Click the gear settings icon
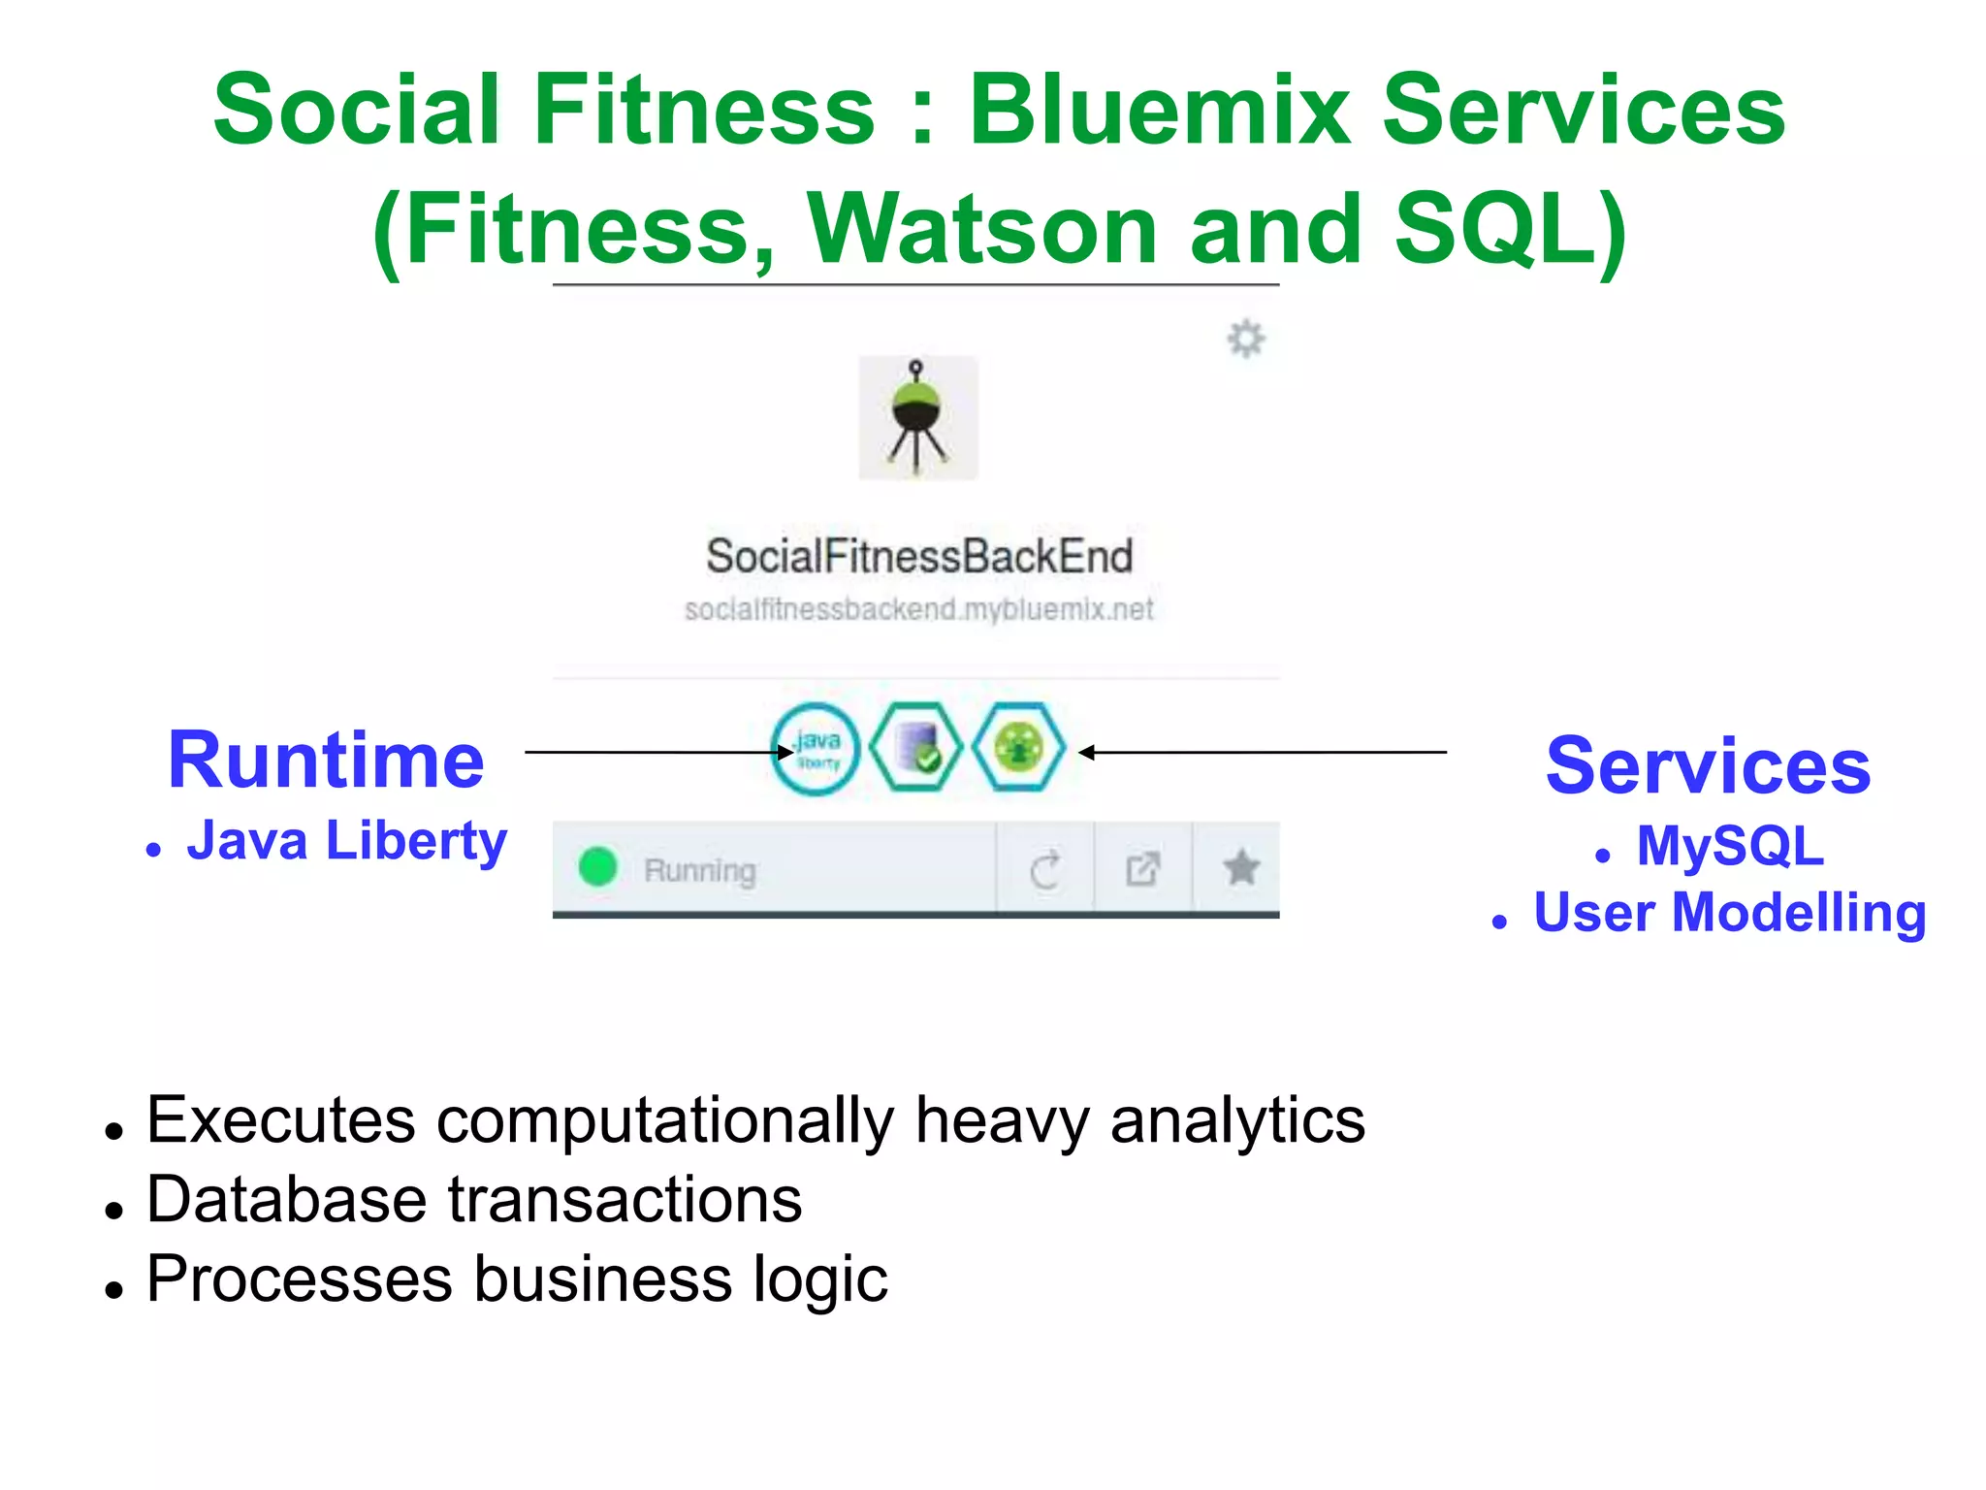coord(1245,339)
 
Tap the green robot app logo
coord(917,418)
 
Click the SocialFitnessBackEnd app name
coord(918,557)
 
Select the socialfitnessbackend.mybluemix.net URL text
coord(918,610)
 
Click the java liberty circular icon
coord(816,750)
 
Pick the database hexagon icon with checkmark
coord(916,748)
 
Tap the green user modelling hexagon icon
coord(1018,748)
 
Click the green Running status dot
coord(597,867)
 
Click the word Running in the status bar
coord(699,871)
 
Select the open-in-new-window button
coord(1143,868)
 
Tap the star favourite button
coord(1240,867)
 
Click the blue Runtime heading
coord(326,761)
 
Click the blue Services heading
coord(1708,766)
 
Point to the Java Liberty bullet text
coord(346,840)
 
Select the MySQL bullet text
coord(1730,846)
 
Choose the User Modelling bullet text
coord(1729,913)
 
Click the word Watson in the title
coord(982,230)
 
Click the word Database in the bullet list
coord(286,1200)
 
